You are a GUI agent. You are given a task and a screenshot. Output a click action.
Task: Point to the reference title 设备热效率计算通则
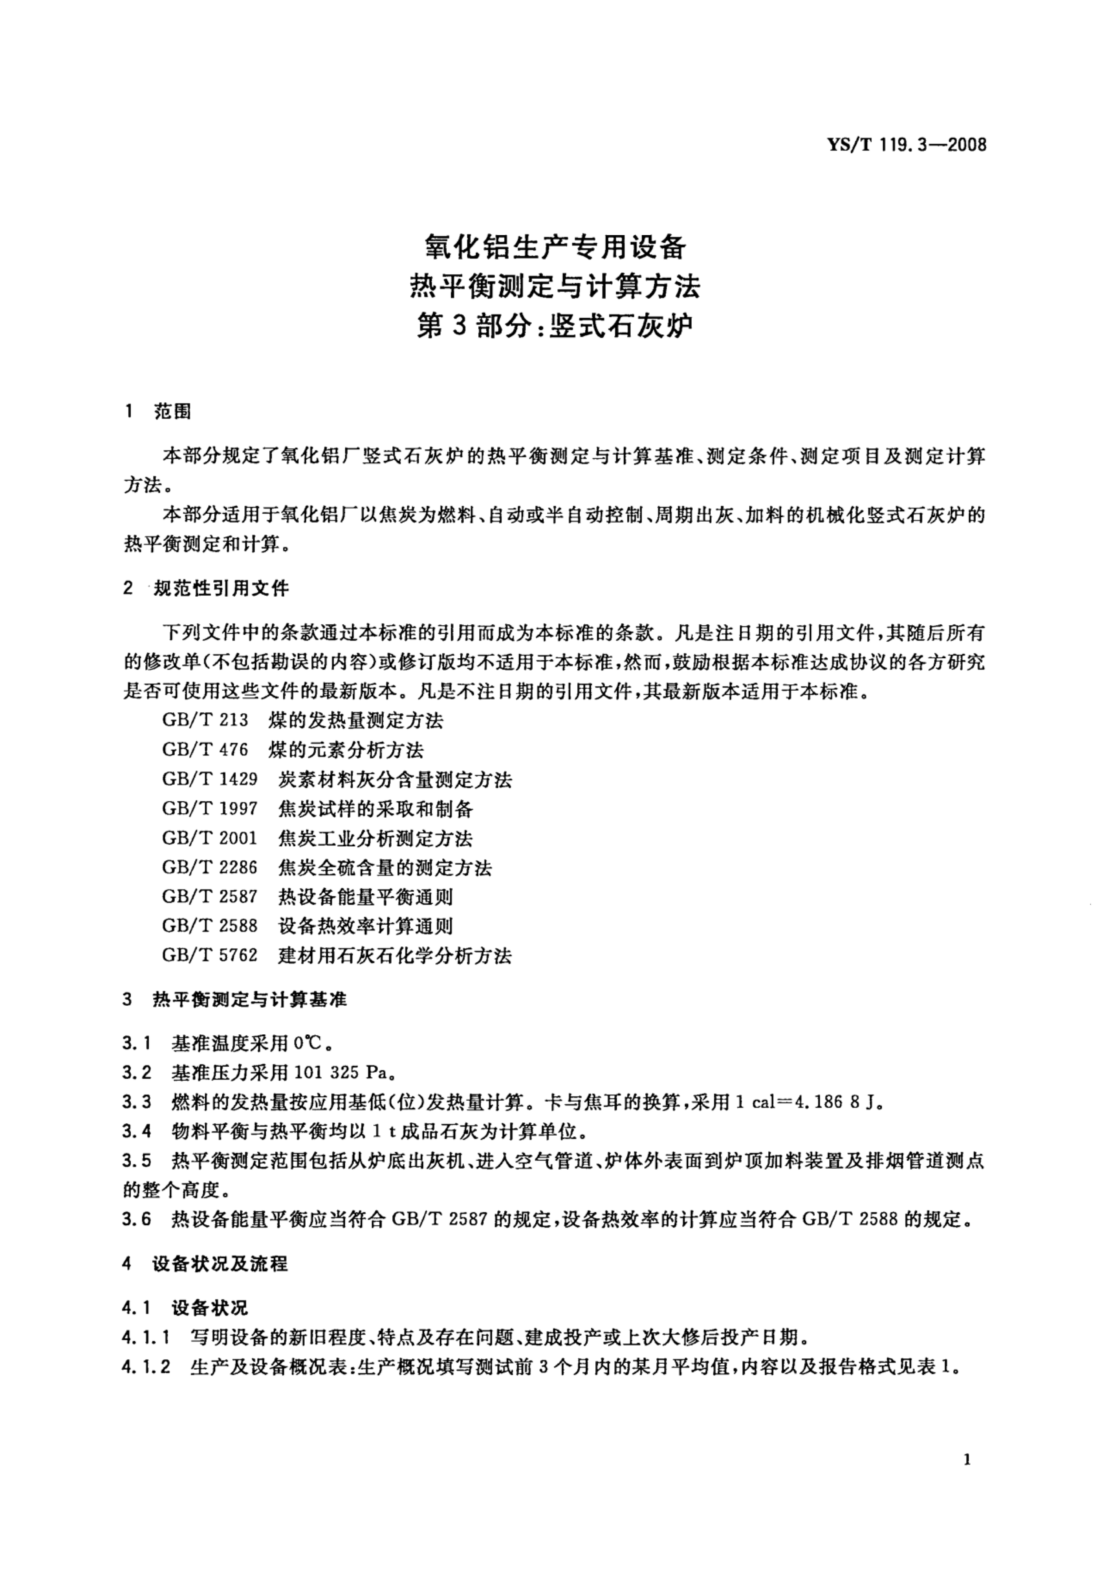click(366, 926)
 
